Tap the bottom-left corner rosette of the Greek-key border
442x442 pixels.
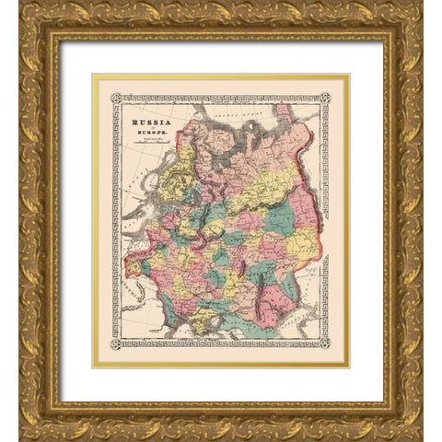117,343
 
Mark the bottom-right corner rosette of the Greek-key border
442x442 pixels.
324,343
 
